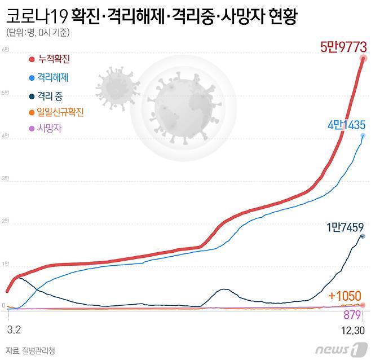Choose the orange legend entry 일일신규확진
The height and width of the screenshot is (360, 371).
coord(60,113)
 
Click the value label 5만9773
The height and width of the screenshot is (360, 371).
coord(343,46)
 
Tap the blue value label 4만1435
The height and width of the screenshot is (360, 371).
coord(346,125)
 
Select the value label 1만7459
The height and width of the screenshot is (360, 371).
coord(346,228)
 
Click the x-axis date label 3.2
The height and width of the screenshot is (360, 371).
coord(14,328)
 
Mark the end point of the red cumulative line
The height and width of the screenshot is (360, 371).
coord(364,58)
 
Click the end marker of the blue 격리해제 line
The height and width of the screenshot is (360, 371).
coord(363,136)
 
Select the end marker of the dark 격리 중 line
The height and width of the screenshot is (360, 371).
coord(363,236)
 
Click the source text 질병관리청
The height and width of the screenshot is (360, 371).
coord(41,350)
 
